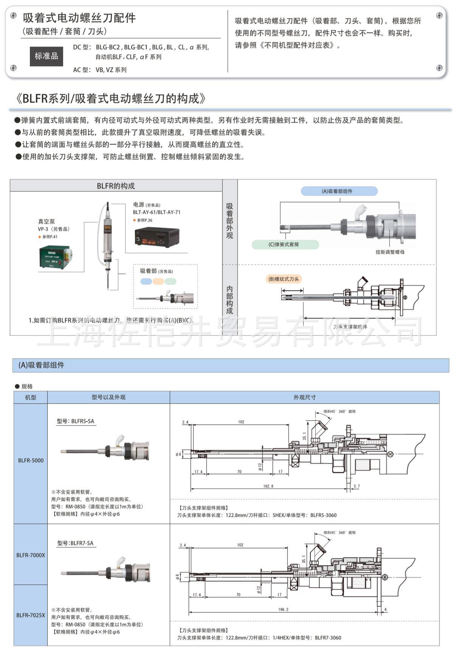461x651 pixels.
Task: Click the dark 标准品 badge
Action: pyautogui.click(x=46, y=56)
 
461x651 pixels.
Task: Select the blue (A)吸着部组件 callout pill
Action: pyautogui.click(x=339, y=191)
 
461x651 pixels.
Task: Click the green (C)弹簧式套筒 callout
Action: pyautogui.click(x=285, y=244)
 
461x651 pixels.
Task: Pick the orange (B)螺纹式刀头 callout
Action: pyautogui.click(x=284, y=279)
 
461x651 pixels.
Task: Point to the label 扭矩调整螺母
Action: pyautogui.click(x=390, y=252)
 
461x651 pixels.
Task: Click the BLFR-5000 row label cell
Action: pyautogui.click(x=31, y=460)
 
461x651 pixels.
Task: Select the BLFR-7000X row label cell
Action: pyautogui.click(x=31, y=555)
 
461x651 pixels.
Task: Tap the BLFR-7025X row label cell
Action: pyautogui.click(x=31, y=615)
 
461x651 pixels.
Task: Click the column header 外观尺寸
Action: pyautogui.click(x=304, y=397)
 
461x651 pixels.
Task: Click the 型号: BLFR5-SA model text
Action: pyautogui.click(x=76, y=421)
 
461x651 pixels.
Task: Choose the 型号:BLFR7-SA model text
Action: pyautogui.click(x=75, y=543)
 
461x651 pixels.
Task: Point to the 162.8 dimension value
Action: pyautogui.click(x=268, y=486)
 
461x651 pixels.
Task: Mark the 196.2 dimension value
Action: pyautogui.click(x=283, y=609)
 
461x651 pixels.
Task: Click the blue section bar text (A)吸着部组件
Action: pyautogui.click(x=41, y=365)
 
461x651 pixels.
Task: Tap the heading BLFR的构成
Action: pyautogui.click(x=116, y=186)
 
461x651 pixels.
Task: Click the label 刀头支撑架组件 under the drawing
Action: pyautogui.click(x=350, y=327)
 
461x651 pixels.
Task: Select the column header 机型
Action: pyautogui.click(x=31, y=397)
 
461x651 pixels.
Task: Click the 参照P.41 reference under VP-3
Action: pyautogui.click(x=49, y=237)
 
